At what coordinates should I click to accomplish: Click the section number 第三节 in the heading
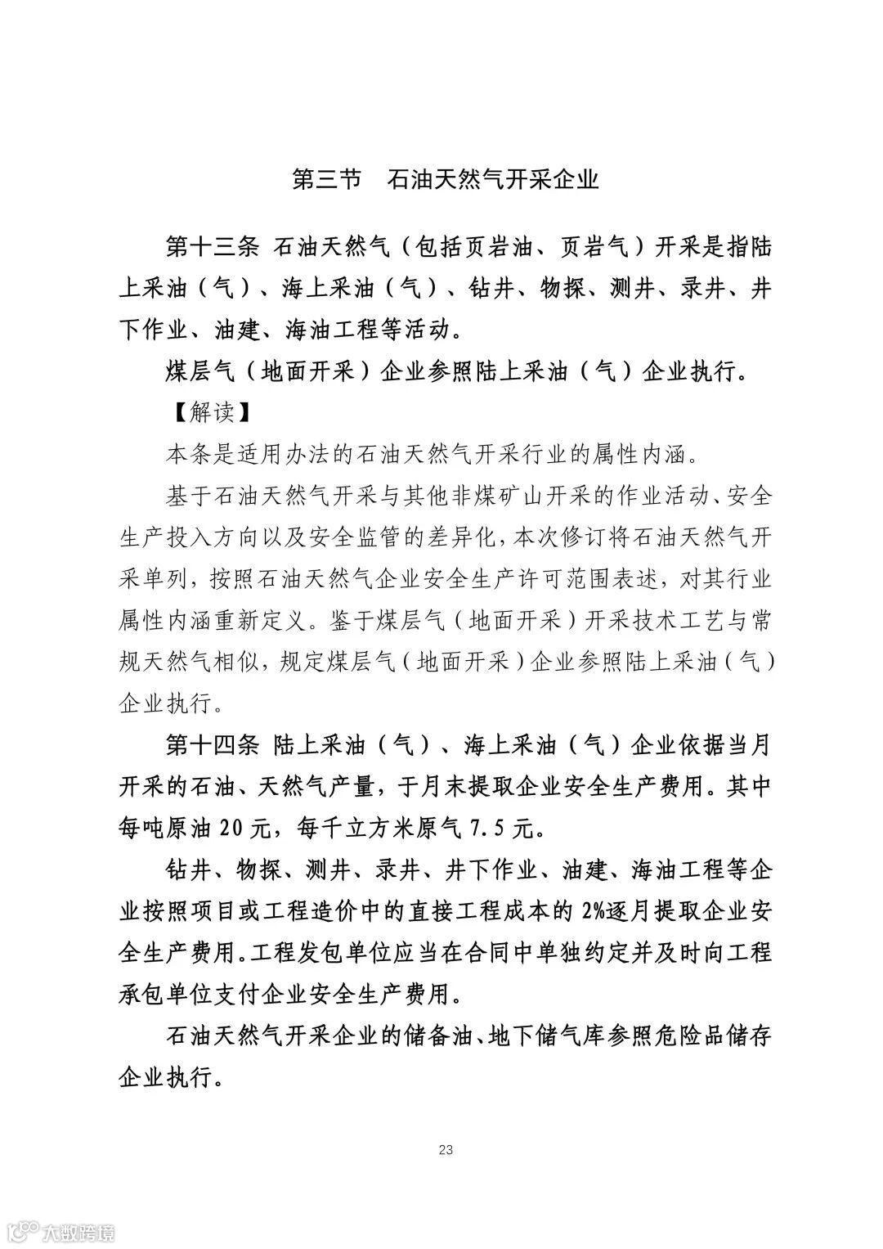325,179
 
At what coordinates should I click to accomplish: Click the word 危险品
701,1036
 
